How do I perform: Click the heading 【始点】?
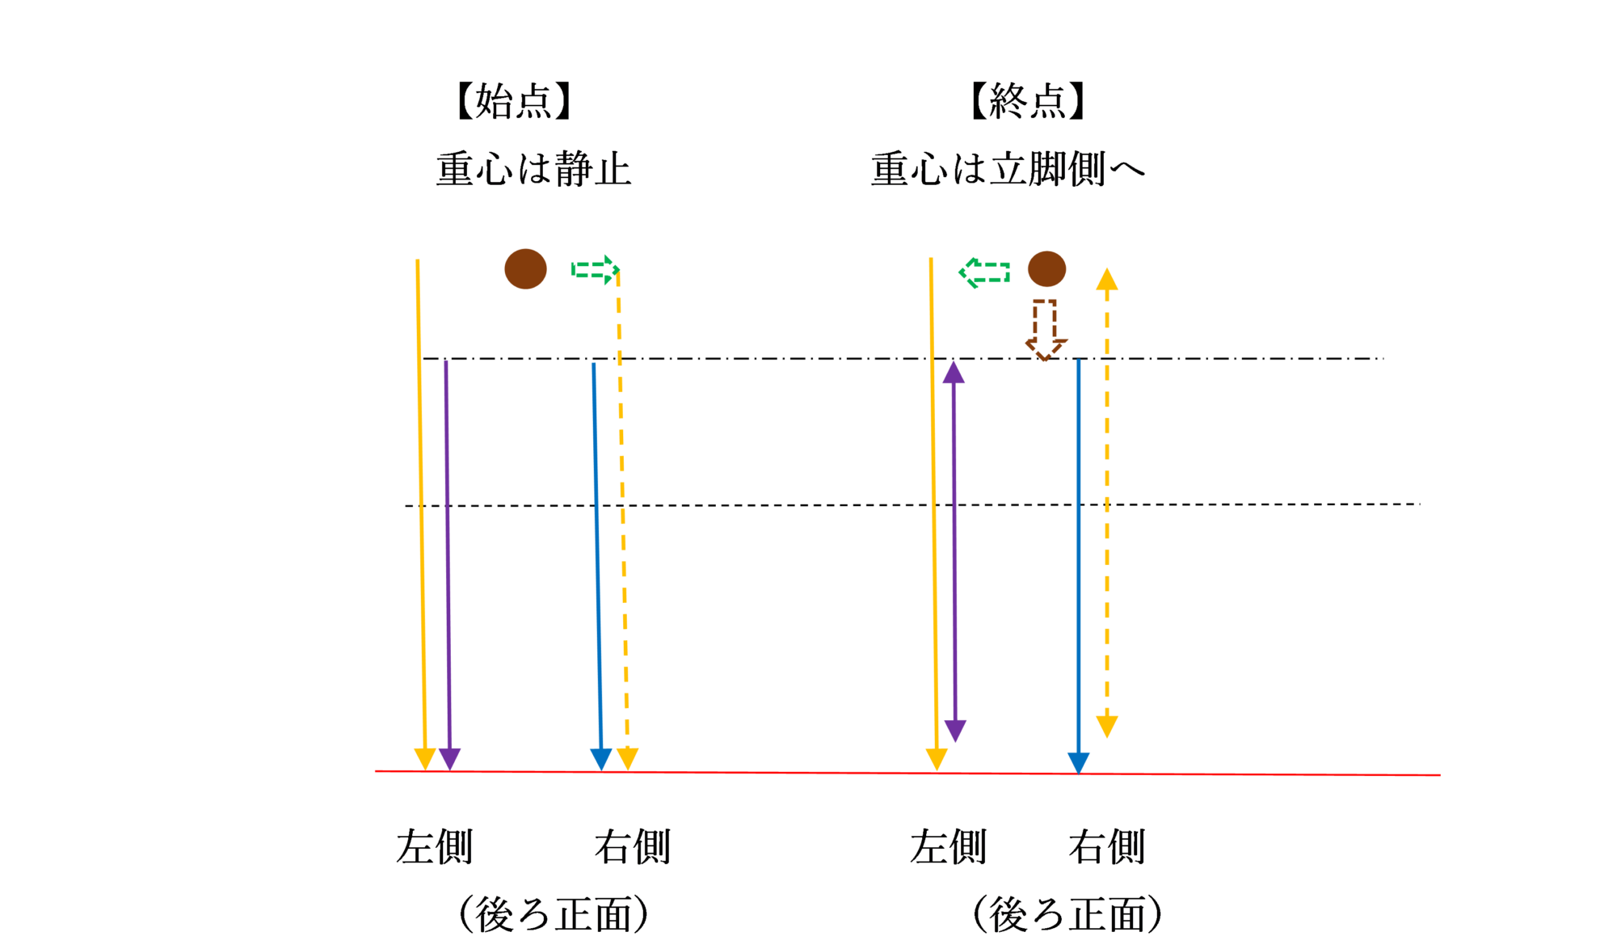click(x=515, y=101)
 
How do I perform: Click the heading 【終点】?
click(x=1028, y=101)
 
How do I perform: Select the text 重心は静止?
click(x=533, y=169)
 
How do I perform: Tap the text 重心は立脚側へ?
click(x=1008, y=169)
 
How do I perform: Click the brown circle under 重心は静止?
click(x=525, y=268)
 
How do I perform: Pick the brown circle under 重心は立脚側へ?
click(x=1046, y=268)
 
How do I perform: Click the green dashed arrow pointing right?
click(x=596, y=269)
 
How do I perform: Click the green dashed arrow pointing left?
click(x=984, y=272)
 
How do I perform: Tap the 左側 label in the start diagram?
click(x=434, y=846)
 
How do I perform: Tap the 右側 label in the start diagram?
click(x=632, y=846)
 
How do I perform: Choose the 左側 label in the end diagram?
click(x=948, y=846)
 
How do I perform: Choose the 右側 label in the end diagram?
click(x=1106, y=846)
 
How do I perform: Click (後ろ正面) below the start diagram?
click(x=554, y=914)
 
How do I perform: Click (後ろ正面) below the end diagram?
click(x=1067, y=914)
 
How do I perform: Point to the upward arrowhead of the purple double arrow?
click(x=954, y=372)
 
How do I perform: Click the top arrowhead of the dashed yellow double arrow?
click(x=1106, y=280)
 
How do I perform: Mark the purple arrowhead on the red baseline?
click(x=449, y=759)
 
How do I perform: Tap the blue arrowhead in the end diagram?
click(x=1078, y=763)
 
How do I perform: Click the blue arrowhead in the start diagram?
click(x=600, y=759)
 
